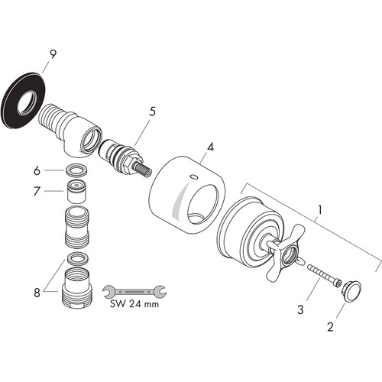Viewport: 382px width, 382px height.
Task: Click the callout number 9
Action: (53, 54)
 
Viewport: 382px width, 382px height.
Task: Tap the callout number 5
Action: (152, 112)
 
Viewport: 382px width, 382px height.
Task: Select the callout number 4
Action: (210, 147)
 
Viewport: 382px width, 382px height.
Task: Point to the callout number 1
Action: (320, 210)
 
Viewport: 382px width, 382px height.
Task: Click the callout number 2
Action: (330, 327)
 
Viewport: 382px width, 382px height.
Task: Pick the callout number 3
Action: (300, 309)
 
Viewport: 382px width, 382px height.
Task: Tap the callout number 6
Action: (37, 170)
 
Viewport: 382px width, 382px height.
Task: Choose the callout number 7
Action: (37, 191)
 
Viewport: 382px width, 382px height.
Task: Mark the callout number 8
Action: (37, 293)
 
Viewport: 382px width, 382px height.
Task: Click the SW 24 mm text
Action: (134, 304)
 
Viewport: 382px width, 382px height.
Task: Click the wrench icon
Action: (134, 291)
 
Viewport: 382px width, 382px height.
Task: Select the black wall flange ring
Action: (24, 101)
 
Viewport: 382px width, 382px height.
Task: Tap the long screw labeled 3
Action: (324, 276)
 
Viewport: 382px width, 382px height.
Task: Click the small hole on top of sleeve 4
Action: (193, 176)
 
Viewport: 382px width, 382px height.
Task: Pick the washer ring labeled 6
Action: (76, 170)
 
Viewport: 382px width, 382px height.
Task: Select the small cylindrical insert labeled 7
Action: (76, 192)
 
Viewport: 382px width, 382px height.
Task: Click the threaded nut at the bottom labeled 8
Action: (76, 288)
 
